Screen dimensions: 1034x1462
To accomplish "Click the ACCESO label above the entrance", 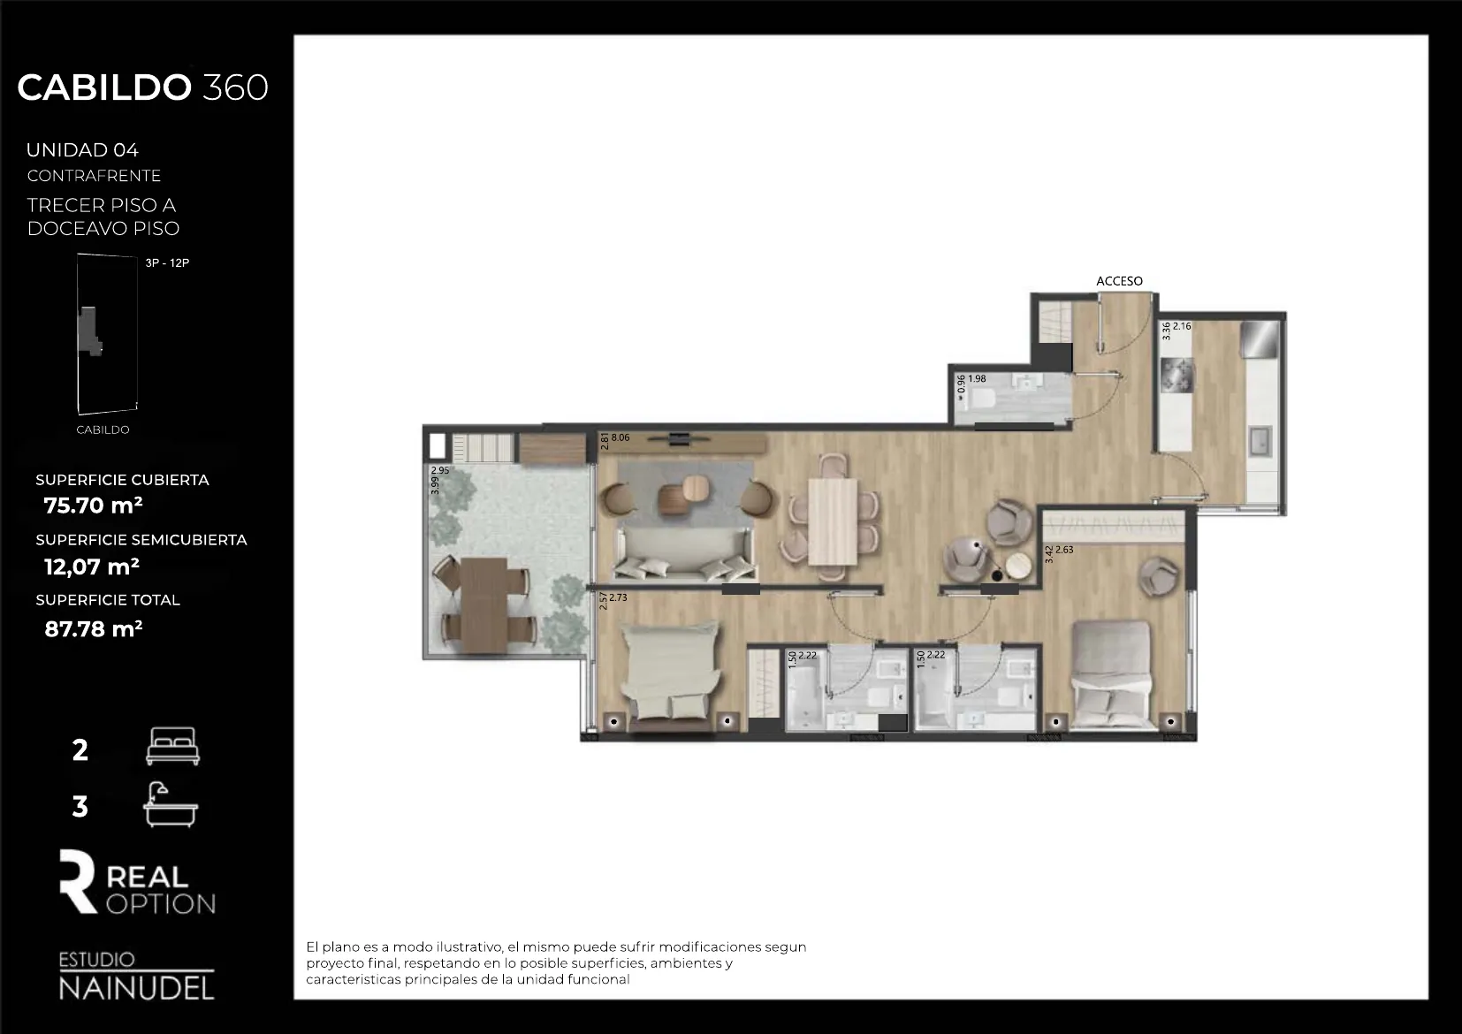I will pos(1119,281).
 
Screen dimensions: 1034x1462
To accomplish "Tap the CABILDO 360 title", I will pos(142,87).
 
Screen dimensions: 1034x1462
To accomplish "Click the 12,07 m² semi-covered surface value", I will pos(92,566).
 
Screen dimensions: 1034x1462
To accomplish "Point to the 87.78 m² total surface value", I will pos(93,628).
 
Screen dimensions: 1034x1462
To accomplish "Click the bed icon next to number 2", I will pos(172,747).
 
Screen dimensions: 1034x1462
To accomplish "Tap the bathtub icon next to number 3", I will pos(171,805).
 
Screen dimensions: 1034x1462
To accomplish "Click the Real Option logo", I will pos(137,883).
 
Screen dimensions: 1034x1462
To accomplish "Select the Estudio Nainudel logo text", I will pos(136,977).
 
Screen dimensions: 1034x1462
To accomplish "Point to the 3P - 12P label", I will pos(167,263).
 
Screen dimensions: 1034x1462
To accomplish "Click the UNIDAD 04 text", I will pos(82,150).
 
